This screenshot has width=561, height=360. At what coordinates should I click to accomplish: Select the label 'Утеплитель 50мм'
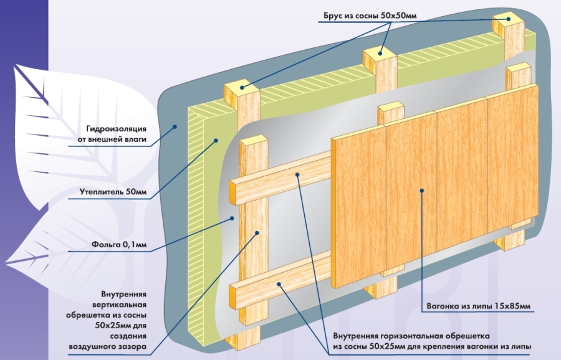pyautogui.click(x=113, y=192)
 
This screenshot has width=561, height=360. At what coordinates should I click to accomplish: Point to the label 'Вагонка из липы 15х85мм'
pyautogui.click(x=479, y=306)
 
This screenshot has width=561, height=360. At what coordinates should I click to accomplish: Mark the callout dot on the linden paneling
pyautogui.click(x=422, y=191)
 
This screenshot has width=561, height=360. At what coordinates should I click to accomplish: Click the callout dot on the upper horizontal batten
pyautogui.click(x=298, y=175)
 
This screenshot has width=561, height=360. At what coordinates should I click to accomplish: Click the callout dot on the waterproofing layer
pyautogui.click(x=176, y=126)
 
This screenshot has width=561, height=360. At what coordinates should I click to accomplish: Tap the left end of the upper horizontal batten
pyautogui.click(x=234, y=192)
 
